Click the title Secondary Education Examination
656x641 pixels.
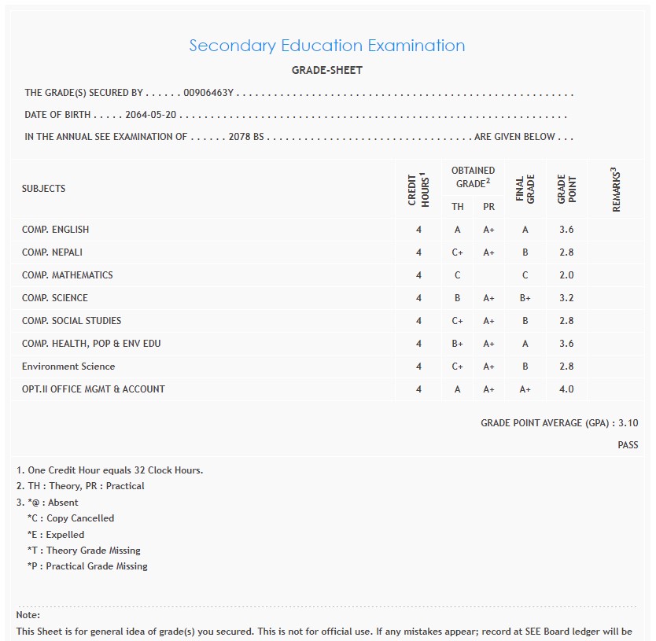[x=326, y=46]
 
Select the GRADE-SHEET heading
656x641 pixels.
[x=326, y=70]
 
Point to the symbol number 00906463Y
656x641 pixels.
[x=209, y=93]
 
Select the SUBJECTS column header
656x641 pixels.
[x=44, y=189]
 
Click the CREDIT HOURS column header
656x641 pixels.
[x=418, y=189]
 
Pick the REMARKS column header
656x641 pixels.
[x=616, y=190]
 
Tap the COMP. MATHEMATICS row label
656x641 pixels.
[x=68, y=275]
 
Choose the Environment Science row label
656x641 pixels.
[x=68, y=367]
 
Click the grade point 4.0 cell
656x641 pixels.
[x=566, y=389]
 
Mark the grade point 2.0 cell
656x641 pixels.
[x=566, y=275]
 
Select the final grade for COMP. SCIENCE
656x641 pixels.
[x=525, y=298]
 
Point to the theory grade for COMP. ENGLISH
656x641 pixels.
[x=457, y=230]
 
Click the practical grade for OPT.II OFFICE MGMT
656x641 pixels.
[x=489, y=389]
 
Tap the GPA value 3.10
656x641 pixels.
[x=628, y=423]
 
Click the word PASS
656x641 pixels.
[x=628, y=445]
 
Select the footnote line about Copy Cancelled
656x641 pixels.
[x=71, y=518]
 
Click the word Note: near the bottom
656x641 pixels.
[x=28, y=615]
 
